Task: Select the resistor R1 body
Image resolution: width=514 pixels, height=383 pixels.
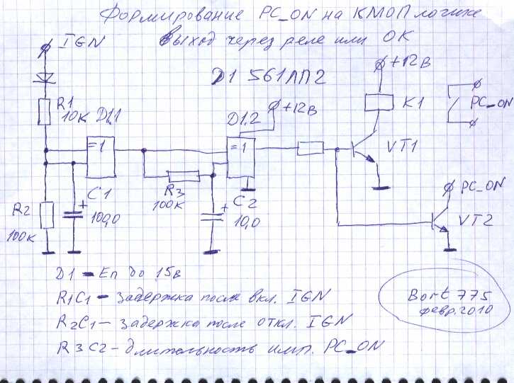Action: pyautogui.click(x=45, y=110)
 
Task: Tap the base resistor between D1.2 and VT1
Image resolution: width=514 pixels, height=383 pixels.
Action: pyautogui.click(x=310, y=149)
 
